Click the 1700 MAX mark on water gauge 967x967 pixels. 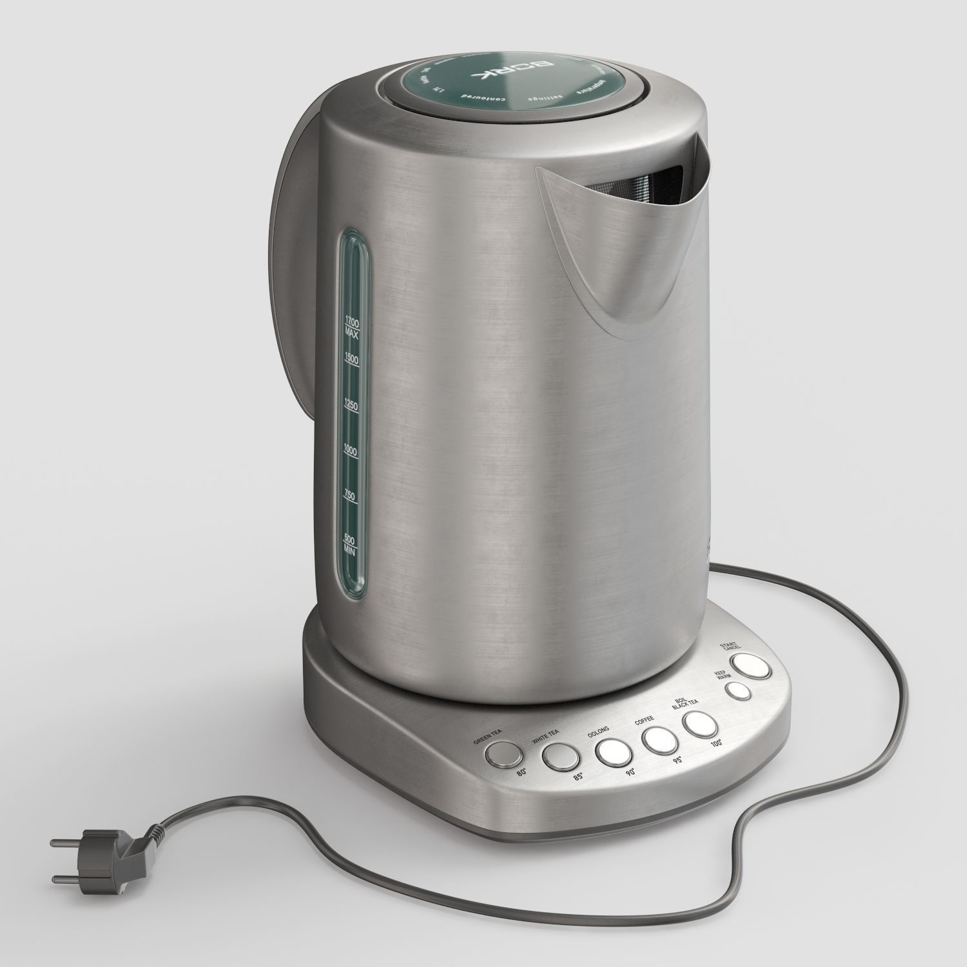(351, 327)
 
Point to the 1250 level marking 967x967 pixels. (351, 405)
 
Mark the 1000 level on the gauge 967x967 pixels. (351, 451)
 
